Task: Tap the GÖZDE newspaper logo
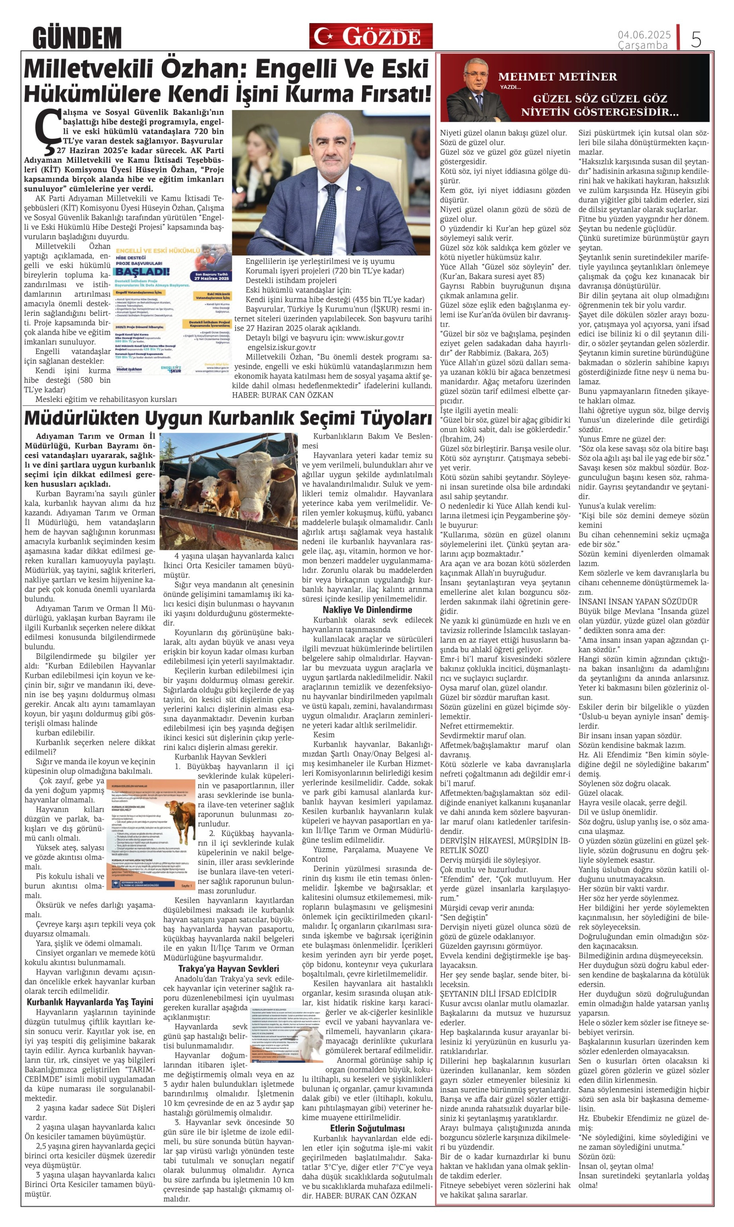371,36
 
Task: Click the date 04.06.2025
644,35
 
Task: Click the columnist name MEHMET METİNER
557,77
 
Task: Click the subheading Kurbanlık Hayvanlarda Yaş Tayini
90,1002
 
